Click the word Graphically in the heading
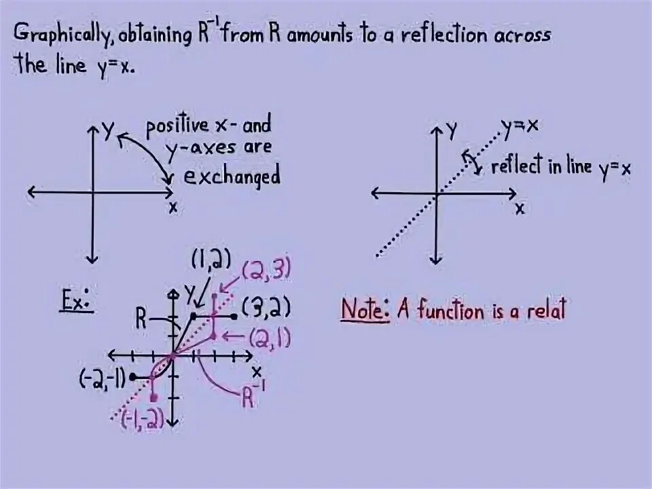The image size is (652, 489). pyautogui.click(x=65, y=35)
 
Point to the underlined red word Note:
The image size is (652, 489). pyautogui.click(x=365, y=310)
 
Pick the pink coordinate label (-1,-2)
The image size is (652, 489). pyautogui.click(x=142, y=420)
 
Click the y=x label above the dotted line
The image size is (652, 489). pyautogui.click(x=520, y=126)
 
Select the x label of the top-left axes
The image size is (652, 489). pyautogui.click(x=173, y=207)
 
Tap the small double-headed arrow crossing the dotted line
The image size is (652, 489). pyautogui.click(x=469, y=161)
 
